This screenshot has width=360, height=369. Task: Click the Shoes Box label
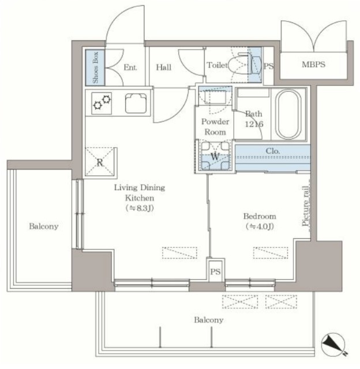click(95, 67)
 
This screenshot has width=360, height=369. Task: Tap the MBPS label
click(313, 65)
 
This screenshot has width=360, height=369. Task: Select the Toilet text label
click(217, 65)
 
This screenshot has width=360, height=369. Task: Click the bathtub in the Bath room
click(288, 114)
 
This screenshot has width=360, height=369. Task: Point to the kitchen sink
click(136, 103)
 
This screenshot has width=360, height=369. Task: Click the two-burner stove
click(102, 103)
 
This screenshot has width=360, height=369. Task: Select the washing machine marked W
click(215, 156)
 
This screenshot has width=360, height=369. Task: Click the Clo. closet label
click(273, 151)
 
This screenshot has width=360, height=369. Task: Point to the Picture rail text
click(305, 206)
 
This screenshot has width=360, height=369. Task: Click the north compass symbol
click(333, 345)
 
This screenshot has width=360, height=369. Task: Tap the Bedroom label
click(260, 216)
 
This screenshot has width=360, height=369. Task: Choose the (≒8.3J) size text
click(140, 208)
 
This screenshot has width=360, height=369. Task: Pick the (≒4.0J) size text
click(260, 227)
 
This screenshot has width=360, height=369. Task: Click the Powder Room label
click(215, 127)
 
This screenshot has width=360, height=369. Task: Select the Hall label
click(164, 67)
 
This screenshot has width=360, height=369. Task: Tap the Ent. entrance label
click(130, 67)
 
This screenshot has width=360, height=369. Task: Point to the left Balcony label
click(44, 226)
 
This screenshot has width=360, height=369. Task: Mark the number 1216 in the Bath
click(254, 124)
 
